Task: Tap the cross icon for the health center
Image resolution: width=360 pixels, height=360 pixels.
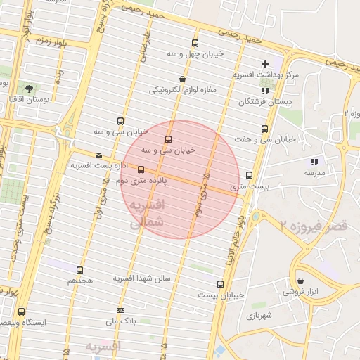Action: (x=265, y=64)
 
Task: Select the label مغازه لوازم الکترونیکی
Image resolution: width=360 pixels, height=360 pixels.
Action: (x=183, y=90)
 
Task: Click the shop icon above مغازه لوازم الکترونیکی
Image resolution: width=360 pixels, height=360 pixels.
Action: (x=183, y=79)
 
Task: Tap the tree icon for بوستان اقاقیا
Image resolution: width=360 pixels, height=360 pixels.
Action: (x=30, y=89)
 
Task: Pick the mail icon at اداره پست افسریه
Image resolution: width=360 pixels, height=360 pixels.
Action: (x=98, y=155)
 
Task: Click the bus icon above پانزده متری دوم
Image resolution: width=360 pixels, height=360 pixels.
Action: (x=141, y=169)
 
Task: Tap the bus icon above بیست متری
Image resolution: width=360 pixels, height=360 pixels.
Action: (x=250, y=175)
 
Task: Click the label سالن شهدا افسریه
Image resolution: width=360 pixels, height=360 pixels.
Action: (x=143, y=278)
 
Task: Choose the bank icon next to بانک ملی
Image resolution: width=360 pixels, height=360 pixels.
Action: (x=120, y=310)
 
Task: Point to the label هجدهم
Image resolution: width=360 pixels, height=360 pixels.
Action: (x=80, y=280)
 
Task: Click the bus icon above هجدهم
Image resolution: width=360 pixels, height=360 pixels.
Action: (x=79, y=270)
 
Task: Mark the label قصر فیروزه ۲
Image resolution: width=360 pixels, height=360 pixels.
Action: (x=312, y=226)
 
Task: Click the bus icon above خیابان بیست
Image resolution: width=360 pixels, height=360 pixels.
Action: (x=221, y=284)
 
